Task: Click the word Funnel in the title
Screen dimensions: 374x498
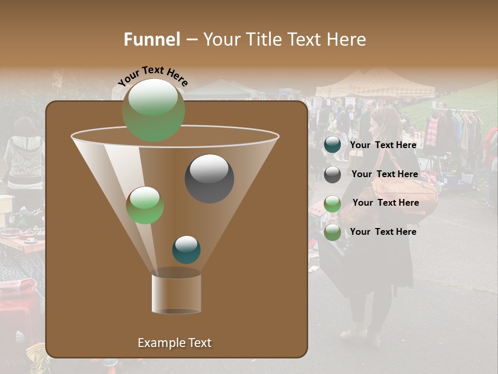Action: pyautogui.click(x=151, y=39)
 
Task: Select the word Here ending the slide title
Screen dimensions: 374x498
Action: pyautogui.click(x=347, y=39)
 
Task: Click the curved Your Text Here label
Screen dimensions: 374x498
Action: pyautogui.click(x=153, y=75)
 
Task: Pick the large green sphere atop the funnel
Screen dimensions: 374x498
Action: pyautogui.click(x=153, y=110)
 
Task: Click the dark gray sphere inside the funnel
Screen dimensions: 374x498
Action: pyautogui.click(x=209, y=178)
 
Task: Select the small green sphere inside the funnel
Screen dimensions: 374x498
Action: pyautogui.click(x=145, y=205)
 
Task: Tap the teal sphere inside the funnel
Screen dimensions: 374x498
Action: pyautogui.click(x=186, y=249)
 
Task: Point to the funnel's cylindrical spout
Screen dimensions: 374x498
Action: pyautogui.click(x=176, y=293)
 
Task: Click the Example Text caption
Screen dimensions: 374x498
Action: pyautogui.click(x=174, y=343)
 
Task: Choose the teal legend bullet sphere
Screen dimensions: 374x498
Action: pyautogui.click(x=333, y=145)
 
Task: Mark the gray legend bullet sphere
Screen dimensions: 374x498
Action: pyautogui.click(x=333, y=175)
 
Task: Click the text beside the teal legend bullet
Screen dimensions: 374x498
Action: pyautogui.click(x=383, y=145)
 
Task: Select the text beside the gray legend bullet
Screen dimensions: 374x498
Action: pyautogui.click(x=384, y=175)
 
